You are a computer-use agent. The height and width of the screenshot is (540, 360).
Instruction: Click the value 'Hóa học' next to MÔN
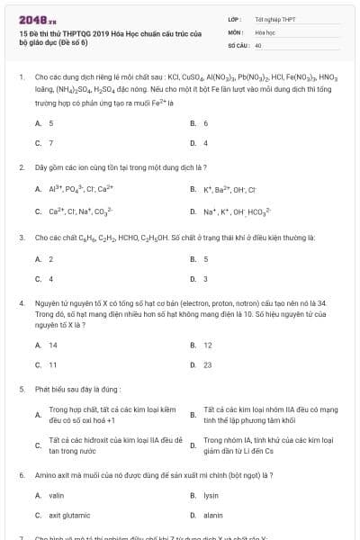click(265, 31)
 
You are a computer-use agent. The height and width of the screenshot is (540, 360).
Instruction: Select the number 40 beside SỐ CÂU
click(258, 44)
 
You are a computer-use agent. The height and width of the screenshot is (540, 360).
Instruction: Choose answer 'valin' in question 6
click(56, 496)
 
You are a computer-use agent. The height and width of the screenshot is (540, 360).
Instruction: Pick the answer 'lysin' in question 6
click(211, 496)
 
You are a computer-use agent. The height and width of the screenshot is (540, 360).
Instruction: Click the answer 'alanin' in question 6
click(213, 516)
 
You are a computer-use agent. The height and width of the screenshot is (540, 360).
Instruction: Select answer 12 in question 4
click(207, 345)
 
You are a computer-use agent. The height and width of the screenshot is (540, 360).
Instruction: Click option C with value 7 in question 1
click(50, 143)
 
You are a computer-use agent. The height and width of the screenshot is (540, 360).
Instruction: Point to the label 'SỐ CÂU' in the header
click(238, 44)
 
